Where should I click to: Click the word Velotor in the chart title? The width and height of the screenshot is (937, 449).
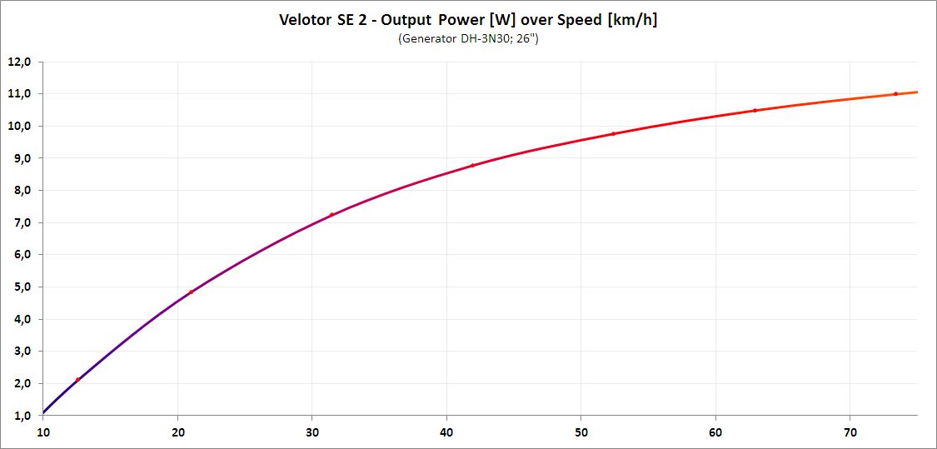click(306, 20)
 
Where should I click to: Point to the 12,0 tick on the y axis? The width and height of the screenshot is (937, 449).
click(19, 62)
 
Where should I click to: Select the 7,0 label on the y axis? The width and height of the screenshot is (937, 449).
click(19, 222)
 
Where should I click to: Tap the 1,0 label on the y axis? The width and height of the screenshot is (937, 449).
click(19, 415)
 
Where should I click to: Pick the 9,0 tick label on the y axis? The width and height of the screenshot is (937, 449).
click(19, 158)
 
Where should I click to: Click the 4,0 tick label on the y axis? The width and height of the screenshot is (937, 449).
click(19, 319)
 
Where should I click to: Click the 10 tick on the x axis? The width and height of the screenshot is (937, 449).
click(43, 432)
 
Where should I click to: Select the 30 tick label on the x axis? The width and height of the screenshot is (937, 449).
click(312, 432)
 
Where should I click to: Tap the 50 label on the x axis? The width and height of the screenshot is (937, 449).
click(581, 432)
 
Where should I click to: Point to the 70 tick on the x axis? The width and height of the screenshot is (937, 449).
click(850, 432)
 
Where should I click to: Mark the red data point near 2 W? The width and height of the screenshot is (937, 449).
click(77, 380)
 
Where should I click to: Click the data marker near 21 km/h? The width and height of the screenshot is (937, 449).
click(191, 292)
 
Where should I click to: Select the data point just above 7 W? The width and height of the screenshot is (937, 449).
click(331, 215)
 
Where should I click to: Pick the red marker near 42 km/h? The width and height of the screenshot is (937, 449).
click(472, 165)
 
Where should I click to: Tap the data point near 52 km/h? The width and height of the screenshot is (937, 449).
click(613, 133)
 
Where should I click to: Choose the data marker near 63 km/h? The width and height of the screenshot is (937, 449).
click(755, 110)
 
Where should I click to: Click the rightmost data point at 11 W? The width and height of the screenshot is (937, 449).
click(895, 93)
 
